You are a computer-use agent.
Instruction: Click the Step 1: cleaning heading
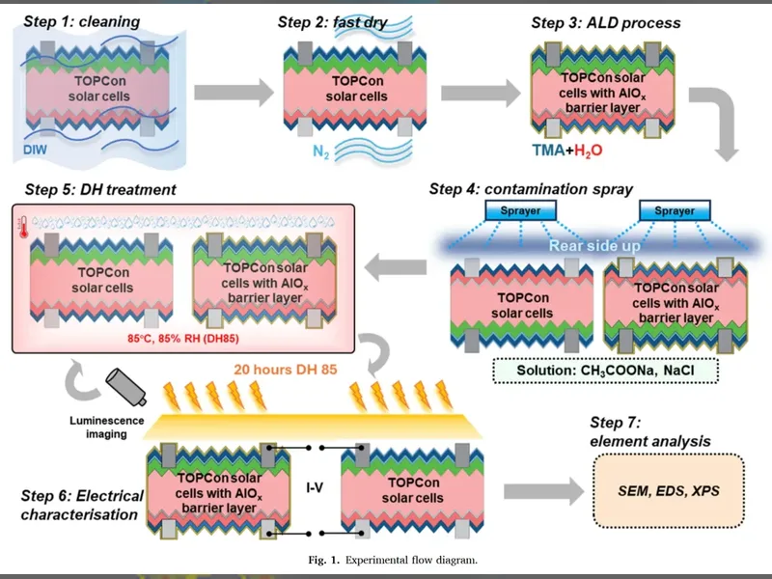click(x=82, y=21)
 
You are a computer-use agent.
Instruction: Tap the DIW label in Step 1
click(x=35, y=150)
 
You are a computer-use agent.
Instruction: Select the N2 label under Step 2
click(x=321, y=152)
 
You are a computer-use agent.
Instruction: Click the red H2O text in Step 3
click(x=588, y=151)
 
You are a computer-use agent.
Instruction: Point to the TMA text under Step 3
click(x=548, y=151)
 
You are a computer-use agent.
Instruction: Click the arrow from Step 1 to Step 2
click(x=234, y=92)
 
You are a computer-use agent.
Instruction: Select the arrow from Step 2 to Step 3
click(x=481, y=92)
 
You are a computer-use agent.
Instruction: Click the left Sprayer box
click(x=520, y=210)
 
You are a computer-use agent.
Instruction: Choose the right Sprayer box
click(x=675, y=210)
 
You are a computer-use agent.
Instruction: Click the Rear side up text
click(x=594, y=245)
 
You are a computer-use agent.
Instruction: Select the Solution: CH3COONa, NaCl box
click(x=606, y=371)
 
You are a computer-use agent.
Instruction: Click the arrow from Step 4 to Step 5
click(x=396, y=267)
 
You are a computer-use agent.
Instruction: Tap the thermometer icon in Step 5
click(x=23, y=227)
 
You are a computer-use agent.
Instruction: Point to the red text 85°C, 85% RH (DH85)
click(x=183, y=339)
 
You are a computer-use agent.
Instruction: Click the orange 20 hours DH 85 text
click(x=286, y=370)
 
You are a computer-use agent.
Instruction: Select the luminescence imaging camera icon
click(x=126, y=387)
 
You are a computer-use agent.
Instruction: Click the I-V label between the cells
click(x=315, y=488)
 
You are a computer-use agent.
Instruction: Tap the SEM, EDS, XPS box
click(x=669, y=491)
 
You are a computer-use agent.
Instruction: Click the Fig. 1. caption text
click(x=393, y=560)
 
